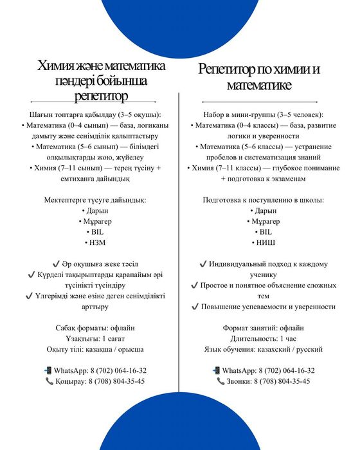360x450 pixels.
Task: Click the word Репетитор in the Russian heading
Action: [x=230, y=69]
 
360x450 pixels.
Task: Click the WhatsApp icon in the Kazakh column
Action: [x=48, y=370]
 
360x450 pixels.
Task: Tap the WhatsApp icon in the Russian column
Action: [x=217, y=370]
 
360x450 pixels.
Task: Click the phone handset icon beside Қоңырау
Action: [x=50, y=381]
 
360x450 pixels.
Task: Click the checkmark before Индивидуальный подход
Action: [x=203, y=264]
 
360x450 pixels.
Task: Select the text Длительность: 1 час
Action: [x=264, y=338]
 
